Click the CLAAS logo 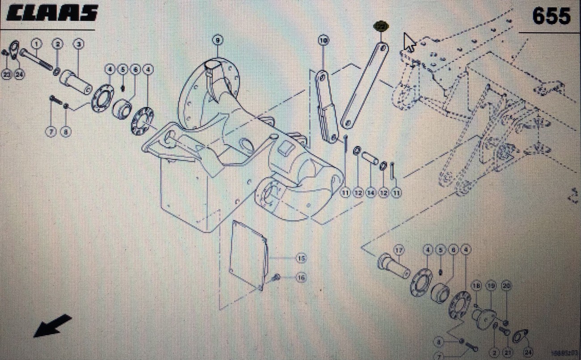[x=52, y=13]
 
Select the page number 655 [x=551, y=17]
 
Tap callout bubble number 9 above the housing [x=217, y=40]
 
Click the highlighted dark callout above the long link [x=381, y=26]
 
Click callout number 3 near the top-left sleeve [x=79, y=44]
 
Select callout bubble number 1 [x=36, y=43]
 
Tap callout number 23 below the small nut [x=6, y=74]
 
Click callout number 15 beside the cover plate [x=301, y=258]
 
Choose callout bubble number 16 [x=301, y=278]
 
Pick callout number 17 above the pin [x=398, y=250]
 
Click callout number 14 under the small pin [x=370, y=193]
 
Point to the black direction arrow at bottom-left [x=52, y=326]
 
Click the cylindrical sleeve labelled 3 [x=76, y=81]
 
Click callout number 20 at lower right [x=506, y=286]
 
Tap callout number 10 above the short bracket [x=323, y=41]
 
